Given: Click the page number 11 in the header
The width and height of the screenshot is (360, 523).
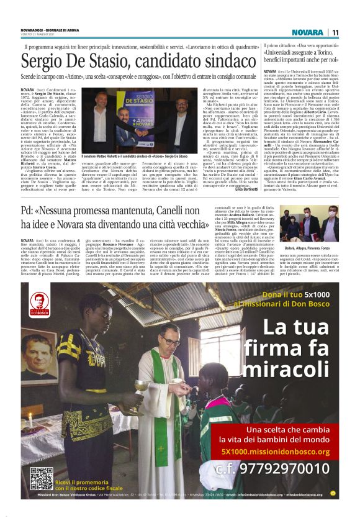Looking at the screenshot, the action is (335, 32).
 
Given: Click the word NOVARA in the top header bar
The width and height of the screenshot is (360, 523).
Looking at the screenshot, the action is (308, 32).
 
